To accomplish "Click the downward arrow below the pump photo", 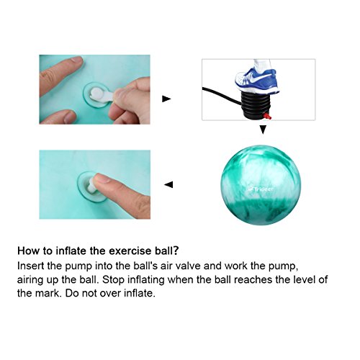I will [x=263, y=130].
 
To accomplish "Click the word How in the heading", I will [x=29, y=252].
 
